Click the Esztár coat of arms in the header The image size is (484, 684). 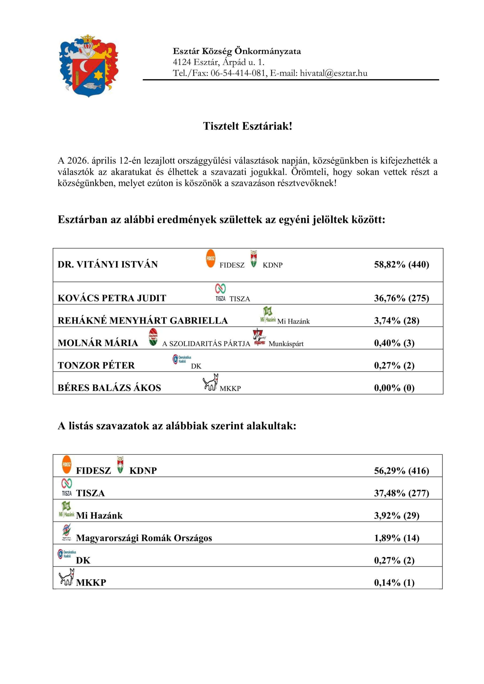coord(88,66)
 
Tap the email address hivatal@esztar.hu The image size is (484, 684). coord(334,73)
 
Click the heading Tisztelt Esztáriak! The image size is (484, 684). coord(247,126)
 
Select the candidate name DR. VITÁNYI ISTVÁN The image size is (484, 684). coord(108,265)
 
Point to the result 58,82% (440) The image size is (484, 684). coord(401,265)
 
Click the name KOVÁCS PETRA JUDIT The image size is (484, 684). coord(112,298)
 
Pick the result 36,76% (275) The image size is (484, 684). coord(401,298)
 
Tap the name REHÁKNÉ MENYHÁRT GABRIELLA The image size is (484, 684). coord(142,321)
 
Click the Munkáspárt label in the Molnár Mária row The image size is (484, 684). coord(286,344)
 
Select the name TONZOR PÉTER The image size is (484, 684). coord(96,366)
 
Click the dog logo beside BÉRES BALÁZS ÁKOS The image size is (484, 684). coord(210,382)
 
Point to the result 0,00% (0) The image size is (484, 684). coord(394,388)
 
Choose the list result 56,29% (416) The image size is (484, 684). coord(401,471)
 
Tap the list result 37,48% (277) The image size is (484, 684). coord(401,493)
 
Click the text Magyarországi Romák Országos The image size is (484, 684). coord(144,538)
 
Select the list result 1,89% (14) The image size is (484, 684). coord(397,538)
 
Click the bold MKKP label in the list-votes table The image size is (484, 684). coord(91,583)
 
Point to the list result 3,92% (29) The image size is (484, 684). coord(397,516)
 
